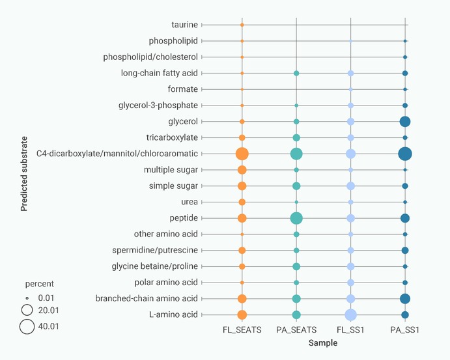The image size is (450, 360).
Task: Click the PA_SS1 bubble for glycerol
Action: [x=405, y=122]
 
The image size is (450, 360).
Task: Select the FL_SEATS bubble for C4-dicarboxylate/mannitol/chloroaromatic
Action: [x=242, y=154]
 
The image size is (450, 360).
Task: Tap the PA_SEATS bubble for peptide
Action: [x=296, y=218]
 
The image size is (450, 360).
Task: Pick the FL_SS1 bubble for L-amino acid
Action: [x=350, y=315]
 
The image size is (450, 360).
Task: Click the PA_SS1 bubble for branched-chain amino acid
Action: [x=405, y=299]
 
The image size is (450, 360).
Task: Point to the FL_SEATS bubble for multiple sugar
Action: [x=242, y=170]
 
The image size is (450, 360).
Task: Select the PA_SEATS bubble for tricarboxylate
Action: [x=296, y=137]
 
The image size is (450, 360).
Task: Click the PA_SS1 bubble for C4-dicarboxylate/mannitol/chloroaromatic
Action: [x=405, y=154]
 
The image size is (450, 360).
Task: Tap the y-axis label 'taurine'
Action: [x=184, y=25]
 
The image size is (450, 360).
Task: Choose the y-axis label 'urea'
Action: [x=190, y=202]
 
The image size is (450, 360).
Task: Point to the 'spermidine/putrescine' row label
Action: [x=155, y=251]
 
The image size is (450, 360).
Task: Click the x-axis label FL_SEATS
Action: [x=242, y=330]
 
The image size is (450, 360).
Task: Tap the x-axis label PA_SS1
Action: [x=405, y=330]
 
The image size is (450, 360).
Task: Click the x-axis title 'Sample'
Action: [x=323, y=343]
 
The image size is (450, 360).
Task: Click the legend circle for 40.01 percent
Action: [x=27, y=327]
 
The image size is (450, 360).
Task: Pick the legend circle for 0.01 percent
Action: [x=27, y=297]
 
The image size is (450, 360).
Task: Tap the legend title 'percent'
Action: [x=40, y=284]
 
